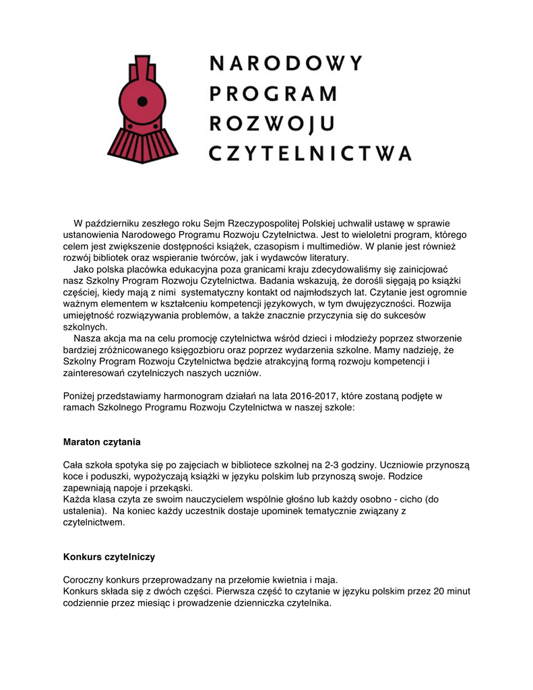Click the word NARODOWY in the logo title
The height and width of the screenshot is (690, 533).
(x=286, y=64)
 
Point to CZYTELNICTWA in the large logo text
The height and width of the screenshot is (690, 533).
(x=310, y=153)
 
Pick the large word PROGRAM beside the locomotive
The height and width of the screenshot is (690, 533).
(x=273, y=94)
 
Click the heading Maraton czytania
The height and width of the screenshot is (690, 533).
(x=102, y=442)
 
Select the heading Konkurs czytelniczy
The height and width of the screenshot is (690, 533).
(x=109, y=557)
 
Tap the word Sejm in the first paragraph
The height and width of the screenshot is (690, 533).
(x=216, y=223)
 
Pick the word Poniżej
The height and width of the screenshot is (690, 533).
(x=80, y=396)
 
